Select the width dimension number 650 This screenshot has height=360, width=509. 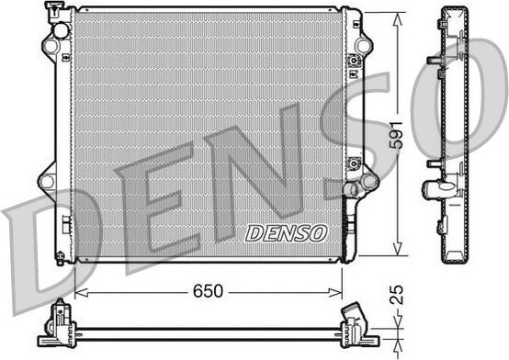point(208,291)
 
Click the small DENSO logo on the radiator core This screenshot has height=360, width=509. point(286,233)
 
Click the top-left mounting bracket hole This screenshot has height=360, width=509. point(49,46)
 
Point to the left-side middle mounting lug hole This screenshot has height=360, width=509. point(46,180)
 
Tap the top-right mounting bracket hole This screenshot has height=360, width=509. point(365,46)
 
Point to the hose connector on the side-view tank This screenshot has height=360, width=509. point(434,191)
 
